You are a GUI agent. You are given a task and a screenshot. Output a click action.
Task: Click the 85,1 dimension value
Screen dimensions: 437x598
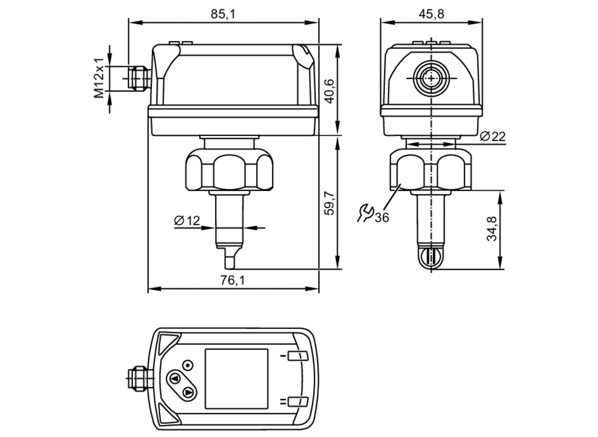(x=223, y=14)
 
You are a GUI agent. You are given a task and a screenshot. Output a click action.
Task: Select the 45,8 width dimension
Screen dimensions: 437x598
(x=431, y=14)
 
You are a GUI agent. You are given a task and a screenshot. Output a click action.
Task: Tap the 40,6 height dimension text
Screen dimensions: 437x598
(x=329, y=91)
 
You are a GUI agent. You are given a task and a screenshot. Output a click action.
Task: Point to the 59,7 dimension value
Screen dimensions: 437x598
(x=329, y=203)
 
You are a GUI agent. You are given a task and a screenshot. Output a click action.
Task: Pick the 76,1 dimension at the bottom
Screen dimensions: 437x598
(x=233, y=280)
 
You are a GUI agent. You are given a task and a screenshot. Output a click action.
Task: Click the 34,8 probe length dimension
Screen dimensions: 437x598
(x=492, y=229)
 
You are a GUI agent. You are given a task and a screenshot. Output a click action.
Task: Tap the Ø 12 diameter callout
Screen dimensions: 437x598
(x=187, y=221)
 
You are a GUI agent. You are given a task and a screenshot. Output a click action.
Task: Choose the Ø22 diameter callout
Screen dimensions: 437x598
(x=492, y=137)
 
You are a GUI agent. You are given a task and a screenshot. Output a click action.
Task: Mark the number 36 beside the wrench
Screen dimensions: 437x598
(x=382, y=218)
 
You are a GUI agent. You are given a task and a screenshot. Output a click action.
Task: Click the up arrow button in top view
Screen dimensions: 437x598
(x=175, y=379)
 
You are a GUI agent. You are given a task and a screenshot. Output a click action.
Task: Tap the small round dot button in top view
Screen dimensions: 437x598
(x=188, y=365)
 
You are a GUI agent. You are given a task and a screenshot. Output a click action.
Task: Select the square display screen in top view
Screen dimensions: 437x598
(x=236, y=378)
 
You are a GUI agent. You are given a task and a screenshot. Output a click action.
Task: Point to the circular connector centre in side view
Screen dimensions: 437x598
(x=431, y=78)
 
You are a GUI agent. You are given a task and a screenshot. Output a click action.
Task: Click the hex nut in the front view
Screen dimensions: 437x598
(x=229, y=172)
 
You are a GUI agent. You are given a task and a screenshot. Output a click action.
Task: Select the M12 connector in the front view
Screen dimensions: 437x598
(x=138, y=78)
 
